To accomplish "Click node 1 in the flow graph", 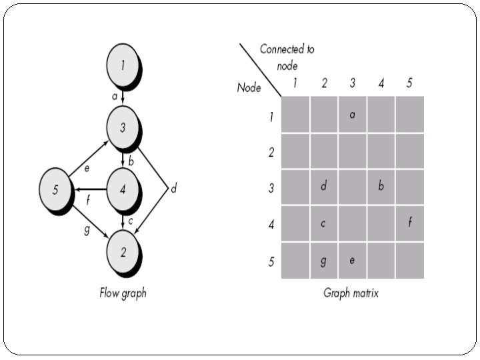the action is point(123,65).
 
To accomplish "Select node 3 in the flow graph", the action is point(123,127).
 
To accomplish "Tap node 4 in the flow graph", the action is point(123,189).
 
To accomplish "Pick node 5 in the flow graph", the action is point(55,189).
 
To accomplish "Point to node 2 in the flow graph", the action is point(123,252).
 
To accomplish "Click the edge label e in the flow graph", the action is point(87,168).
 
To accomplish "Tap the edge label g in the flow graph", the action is point(87,229).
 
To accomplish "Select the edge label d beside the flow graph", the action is point(173,188).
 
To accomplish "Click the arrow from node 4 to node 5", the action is point(91,189).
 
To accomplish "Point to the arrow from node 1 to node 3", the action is point(123,97).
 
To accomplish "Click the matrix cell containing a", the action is point(353,115).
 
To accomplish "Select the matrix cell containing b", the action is point(381,187).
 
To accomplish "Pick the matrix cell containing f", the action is point(410,223).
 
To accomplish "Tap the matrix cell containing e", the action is point(353,261).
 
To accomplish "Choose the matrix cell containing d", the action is point(324,187).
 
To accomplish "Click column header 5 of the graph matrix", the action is point(409,83).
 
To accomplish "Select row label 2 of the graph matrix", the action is point(271,152).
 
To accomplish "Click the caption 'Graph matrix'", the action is point(351,293).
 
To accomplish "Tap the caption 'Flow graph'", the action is point(123,293).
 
